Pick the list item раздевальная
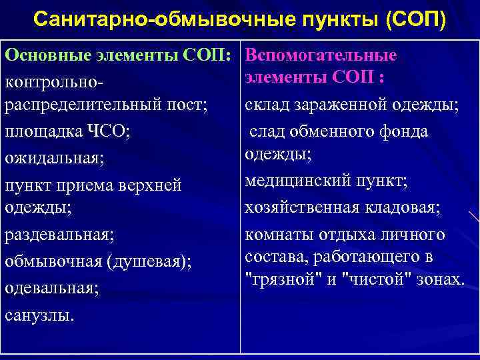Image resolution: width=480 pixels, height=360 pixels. click(59, 235)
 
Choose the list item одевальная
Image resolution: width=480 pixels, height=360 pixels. click(51, 288)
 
